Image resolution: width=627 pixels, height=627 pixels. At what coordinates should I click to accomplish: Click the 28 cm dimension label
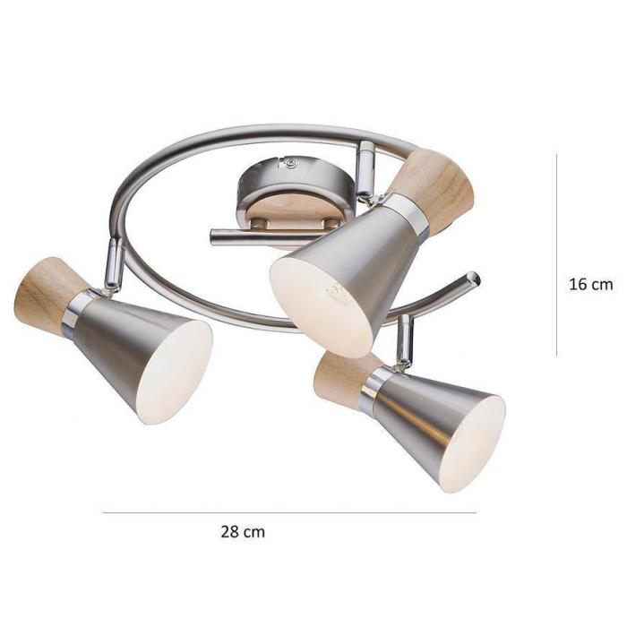coord(243,532)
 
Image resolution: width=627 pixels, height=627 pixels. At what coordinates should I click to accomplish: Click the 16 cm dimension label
coord(590,284)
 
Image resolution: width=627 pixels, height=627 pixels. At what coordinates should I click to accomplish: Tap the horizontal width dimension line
coord(290,512)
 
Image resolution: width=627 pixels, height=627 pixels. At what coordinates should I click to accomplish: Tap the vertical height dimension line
coord(556,253)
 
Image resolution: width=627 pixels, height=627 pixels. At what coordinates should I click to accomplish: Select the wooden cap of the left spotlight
coord(48,295)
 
